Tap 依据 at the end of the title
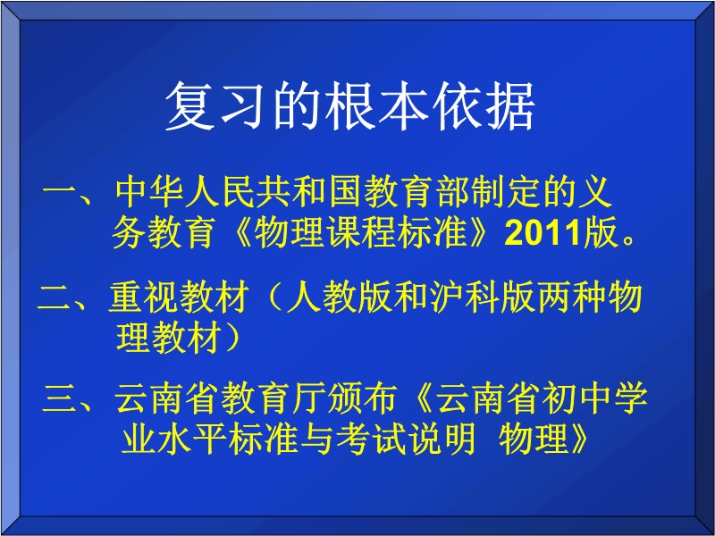point(484,106)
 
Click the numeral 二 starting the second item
point(54,297)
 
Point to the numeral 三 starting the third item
point(59,398)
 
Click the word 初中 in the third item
point(576,398)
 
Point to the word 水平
point(191,439)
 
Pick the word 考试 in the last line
point(371,439)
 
